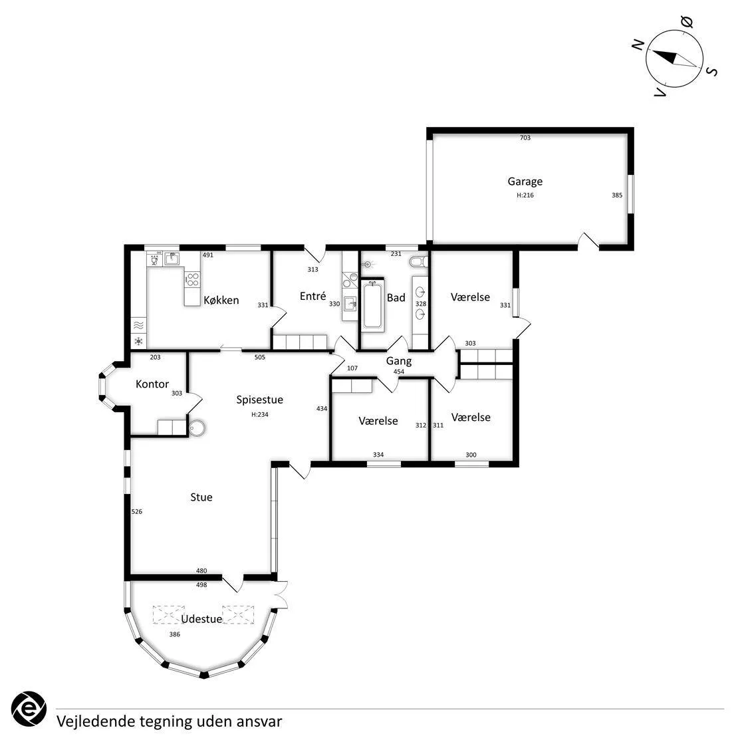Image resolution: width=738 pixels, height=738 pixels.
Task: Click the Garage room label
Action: click(525, 182)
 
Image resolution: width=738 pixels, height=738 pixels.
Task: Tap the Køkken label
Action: click(221, 301)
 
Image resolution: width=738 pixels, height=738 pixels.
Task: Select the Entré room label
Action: click(313, 296)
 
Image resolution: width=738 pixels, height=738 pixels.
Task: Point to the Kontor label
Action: click(152, 384)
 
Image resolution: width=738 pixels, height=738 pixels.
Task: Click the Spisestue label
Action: click(260, 400)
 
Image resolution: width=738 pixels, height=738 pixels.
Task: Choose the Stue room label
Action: click(201, 497)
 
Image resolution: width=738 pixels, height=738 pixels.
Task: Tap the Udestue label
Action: click(201, 619)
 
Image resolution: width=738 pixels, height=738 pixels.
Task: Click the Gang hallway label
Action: click(399, 362)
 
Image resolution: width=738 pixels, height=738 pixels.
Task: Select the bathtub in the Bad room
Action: click(372, 305)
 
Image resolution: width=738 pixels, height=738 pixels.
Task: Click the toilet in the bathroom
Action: click(418, 261)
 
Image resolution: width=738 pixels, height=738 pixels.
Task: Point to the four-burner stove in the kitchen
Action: click(192, 279)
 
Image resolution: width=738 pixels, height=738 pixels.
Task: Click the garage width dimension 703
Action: click(525, 138)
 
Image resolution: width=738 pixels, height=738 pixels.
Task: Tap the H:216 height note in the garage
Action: click(525, 195)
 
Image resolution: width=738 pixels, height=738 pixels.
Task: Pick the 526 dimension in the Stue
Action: click(136, 511)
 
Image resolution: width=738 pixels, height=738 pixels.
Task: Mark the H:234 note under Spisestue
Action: click(260, 415)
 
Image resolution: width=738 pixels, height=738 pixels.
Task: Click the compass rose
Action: click(674, 59)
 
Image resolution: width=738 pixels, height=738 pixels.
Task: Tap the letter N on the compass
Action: click(638, 45)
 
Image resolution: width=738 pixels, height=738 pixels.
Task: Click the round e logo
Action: click(29, 709)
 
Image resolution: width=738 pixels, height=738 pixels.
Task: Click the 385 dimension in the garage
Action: click(617, 195)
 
